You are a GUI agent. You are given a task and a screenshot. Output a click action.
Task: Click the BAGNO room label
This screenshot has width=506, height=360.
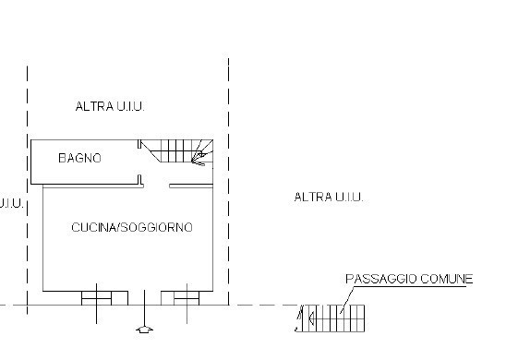(79, 159)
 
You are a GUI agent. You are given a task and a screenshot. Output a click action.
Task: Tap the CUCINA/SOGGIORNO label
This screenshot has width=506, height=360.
(132, 227)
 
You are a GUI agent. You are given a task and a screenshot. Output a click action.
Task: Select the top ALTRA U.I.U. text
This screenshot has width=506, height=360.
(111, 107)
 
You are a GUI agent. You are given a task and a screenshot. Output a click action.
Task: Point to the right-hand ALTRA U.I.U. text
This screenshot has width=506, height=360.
(329, 197)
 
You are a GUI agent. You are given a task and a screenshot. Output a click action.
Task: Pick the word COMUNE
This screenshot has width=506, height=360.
(450, 278)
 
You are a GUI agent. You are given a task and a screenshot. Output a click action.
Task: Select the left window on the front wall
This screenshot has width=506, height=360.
(97, 297)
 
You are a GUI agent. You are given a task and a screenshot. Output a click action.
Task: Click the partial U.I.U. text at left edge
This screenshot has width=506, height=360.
(10, 203)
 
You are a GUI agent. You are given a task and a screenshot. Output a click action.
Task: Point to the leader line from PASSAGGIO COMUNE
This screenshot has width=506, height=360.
(346, 297)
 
